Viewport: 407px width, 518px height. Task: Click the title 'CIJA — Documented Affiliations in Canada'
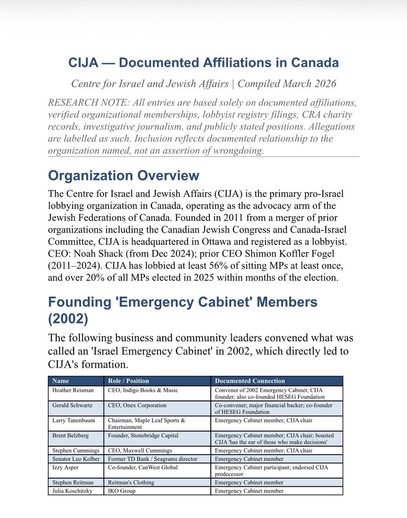point(203,63)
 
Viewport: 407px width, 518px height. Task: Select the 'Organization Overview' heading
point(123,176)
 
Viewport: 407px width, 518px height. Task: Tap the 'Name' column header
point(60,381)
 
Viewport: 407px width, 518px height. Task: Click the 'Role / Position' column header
point(128,381)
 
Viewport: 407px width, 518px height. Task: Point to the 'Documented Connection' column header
point(250,381)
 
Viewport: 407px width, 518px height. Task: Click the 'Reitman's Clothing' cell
point(131,482)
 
